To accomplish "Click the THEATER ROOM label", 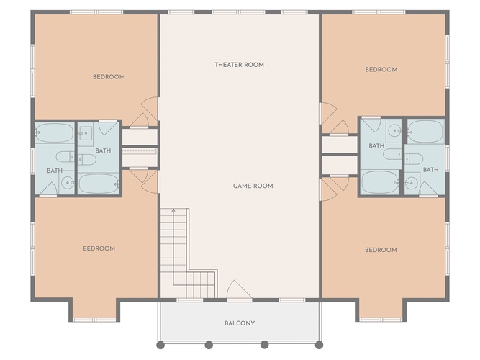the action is pos(239,65).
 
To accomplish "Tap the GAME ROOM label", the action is pos(253,186).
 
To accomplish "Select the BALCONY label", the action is pos(240,323).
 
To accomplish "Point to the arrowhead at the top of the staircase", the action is pos(173,210).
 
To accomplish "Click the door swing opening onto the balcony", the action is pos(239,289).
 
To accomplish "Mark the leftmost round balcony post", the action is pos(160,346).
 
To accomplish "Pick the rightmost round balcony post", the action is pos(319,346).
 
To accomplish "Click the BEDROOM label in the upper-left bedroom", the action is pos(109,77).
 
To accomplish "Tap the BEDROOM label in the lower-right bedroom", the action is pos(381,250).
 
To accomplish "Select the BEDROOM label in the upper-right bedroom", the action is pos(381,70).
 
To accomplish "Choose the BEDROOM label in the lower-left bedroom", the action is pos(99,248).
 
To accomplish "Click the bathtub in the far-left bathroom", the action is pos(55,133).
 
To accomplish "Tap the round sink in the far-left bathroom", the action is pos(67,183).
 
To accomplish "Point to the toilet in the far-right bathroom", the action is pos(415,159).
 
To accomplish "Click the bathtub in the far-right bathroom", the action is pos(426,132).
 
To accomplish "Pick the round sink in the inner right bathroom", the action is pos(394,130).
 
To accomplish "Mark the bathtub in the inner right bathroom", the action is pos(380,182).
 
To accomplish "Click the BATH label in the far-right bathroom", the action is pos(431,170).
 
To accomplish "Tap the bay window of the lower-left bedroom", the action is pos(94,320).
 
